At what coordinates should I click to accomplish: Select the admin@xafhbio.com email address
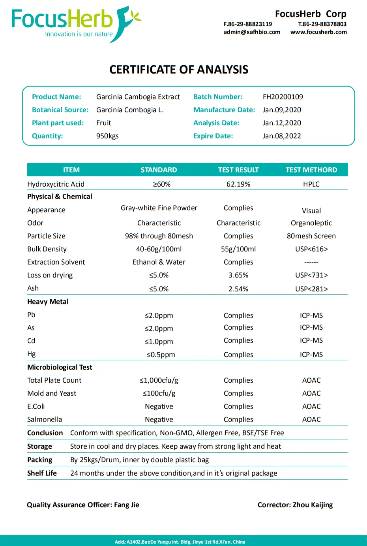(252, 32)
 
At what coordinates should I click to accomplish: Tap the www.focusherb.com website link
(318, 32)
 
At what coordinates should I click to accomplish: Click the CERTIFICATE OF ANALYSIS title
(179, 70)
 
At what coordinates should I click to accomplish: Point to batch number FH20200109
(283, 97)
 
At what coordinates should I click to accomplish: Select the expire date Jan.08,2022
(282, 136)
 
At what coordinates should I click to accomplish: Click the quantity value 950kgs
(107, 136)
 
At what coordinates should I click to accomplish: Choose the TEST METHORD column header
(311, 170)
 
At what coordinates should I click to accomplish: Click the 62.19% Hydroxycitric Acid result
(238, 184)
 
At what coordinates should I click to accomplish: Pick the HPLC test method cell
(311, 184)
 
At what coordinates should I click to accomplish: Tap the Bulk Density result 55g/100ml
(238, 249)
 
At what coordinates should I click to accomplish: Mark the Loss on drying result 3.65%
(238, 275)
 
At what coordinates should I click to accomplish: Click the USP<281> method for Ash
(311, 289)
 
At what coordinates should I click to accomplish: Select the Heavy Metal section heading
(48, 302)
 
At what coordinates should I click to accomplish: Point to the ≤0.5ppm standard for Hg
(161, 355)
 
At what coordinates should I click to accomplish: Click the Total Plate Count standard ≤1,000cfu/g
(159, 380)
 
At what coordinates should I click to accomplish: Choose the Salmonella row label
(45, 419)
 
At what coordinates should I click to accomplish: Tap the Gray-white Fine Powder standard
(159, 208)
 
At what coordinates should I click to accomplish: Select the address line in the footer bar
(180, 542)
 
